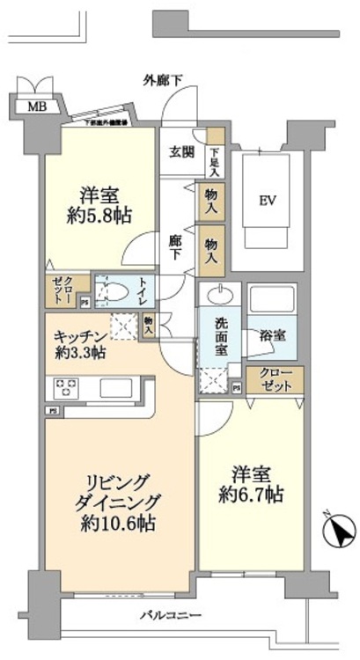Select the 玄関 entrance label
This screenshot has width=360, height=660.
point(181,150)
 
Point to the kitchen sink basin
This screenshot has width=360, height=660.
point(116,388)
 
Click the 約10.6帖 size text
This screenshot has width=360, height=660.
point(116,524)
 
